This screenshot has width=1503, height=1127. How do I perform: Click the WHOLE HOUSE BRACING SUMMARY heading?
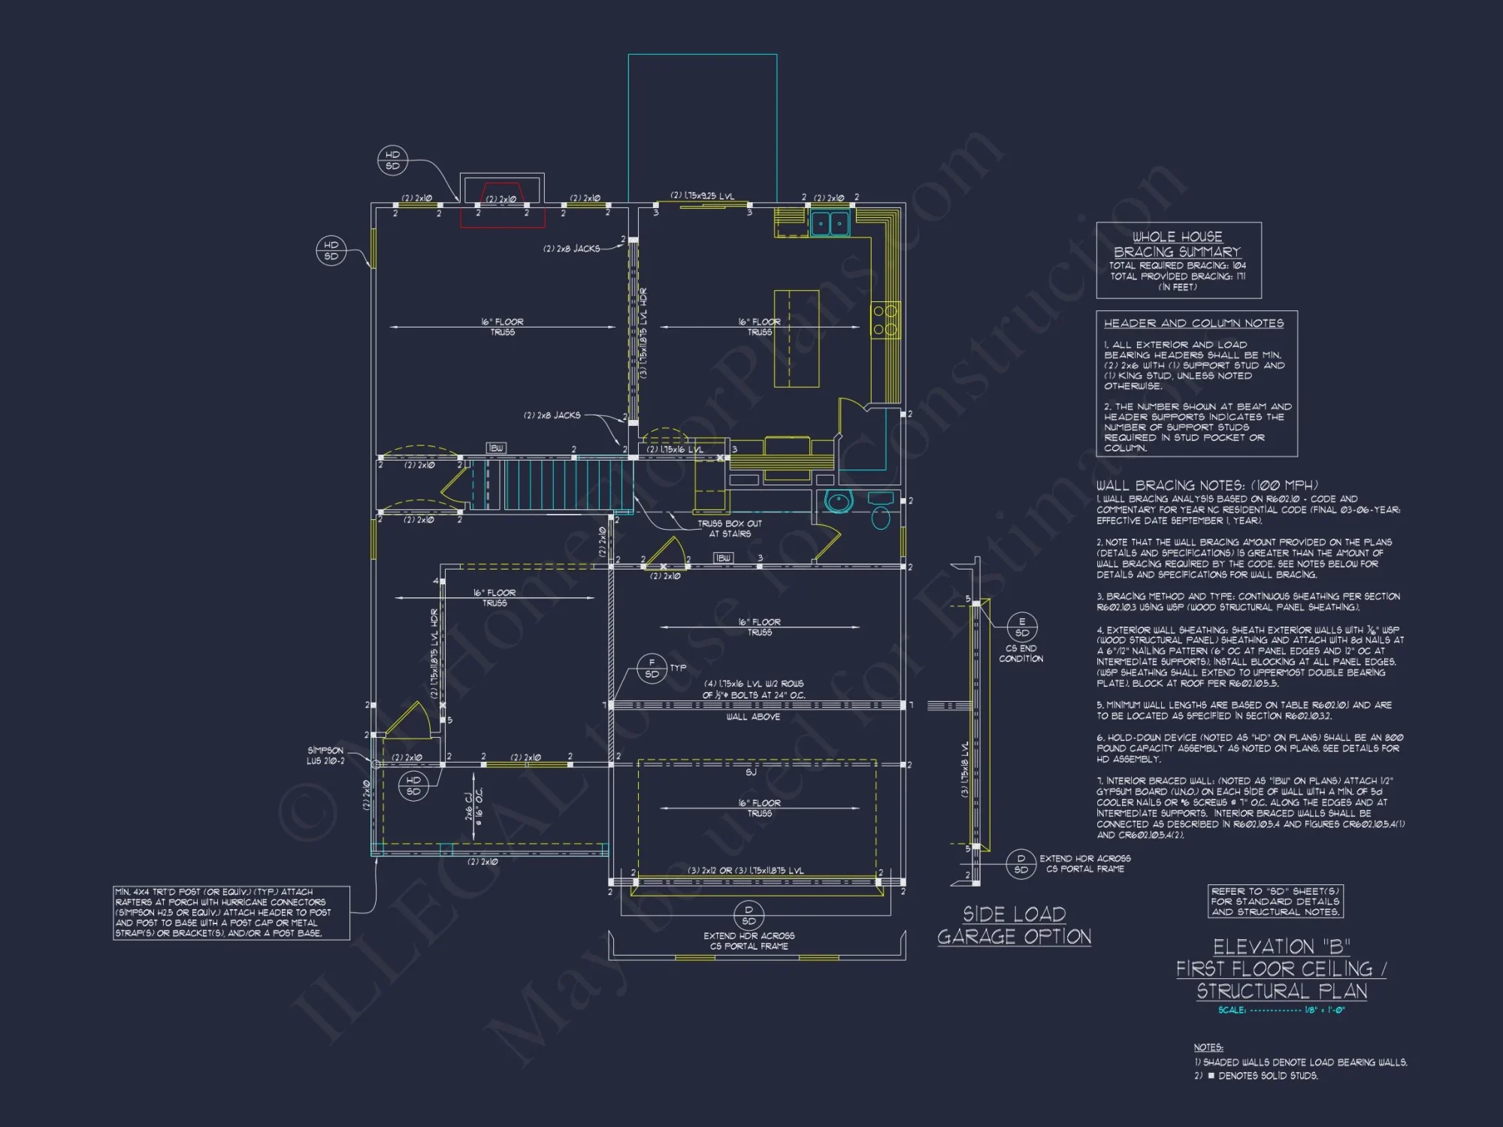1177,244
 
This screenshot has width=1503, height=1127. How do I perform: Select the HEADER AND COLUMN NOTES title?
1193,323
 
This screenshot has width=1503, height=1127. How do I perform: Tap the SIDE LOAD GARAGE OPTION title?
1014,926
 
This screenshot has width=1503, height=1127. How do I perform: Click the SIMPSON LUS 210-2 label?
325,756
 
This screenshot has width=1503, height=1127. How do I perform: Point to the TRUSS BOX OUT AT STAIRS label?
729,528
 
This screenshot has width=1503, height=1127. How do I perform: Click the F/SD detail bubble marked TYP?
652,668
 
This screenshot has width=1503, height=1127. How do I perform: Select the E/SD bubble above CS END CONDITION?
1021,627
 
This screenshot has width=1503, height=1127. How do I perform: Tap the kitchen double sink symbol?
830,223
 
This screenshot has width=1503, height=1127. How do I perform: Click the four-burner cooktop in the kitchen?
885,320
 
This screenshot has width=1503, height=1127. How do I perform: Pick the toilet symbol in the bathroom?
881,517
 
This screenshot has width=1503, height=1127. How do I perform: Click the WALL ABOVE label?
752,717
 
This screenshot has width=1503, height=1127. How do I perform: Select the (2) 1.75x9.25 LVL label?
702,196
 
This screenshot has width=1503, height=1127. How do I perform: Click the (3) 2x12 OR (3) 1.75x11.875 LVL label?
745,871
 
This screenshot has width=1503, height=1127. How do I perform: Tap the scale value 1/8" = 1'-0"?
1324,1010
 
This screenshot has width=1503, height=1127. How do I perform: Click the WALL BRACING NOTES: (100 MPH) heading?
1206,485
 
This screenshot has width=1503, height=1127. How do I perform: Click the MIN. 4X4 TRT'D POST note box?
231,912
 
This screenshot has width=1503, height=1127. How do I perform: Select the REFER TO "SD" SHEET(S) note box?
1275,901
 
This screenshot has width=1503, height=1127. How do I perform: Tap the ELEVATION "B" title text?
1281,947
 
